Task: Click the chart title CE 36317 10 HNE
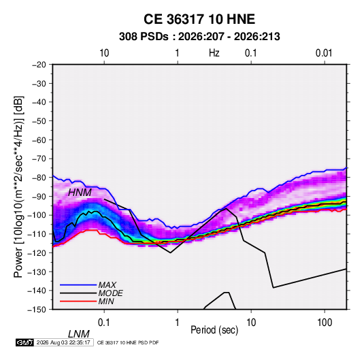click(x=199, y=19)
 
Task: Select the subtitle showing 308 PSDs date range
click(x=199, y=37)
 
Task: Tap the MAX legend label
click(x=107, y=284)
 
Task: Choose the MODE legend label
click(x=110, y=293)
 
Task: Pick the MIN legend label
click(x=106, y=301)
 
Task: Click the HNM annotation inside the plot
click(x=80, y=193)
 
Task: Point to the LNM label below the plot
click(x=79, y=334)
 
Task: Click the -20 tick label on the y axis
click(x=39, y=65)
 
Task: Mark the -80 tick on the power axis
click(x=39, y=178)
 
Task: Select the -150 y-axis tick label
click(x=37, y=310)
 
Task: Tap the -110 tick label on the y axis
click(x=37, y=234)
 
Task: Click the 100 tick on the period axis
click(x=325, y=323)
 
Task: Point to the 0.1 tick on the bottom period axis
click(x=104, y=323)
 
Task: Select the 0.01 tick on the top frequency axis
click(x=324, y=53)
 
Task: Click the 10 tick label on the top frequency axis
click(x=104, y=53)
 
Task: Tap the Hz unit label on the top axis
click(x=214, y=53)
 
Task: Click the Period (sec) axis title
click(x=214, y=330)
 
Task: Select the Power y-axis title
click(x=18, y=186)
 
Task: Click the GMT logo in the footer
click(x=24, y=342)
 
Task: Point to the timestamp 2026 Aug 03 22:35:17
click(x=63, y=342)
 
